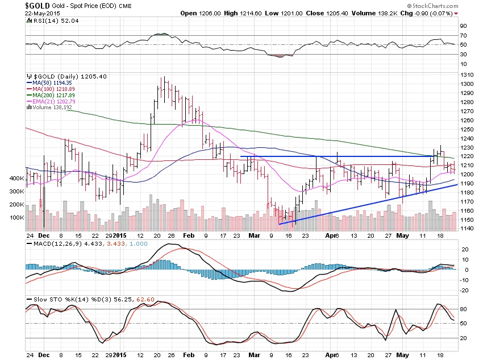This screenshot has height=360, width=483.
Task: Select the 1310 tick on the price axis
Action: pyautogui.click(x=467, y=75)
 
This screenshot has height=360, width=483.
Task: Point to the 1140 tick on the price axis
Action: pyautogui.click(x=467, y=228)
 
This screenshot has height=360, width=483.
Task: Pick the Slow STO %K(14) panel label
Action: pyautogui.click(x=54, y=299)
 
